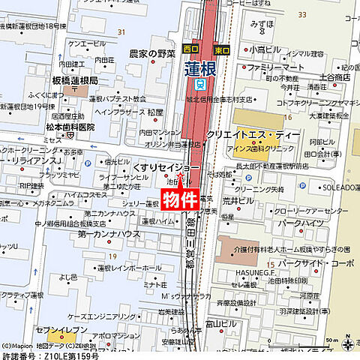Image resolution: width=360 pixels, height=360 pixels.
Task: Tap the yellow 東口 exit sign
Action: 222,50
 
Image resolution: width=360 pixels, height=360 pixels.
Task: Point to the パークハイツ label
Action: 300,223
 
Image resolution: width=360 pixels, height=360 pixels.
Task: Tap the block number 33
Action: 302,14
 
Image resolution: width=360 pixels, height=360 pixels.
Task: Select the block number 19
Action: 111,256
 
